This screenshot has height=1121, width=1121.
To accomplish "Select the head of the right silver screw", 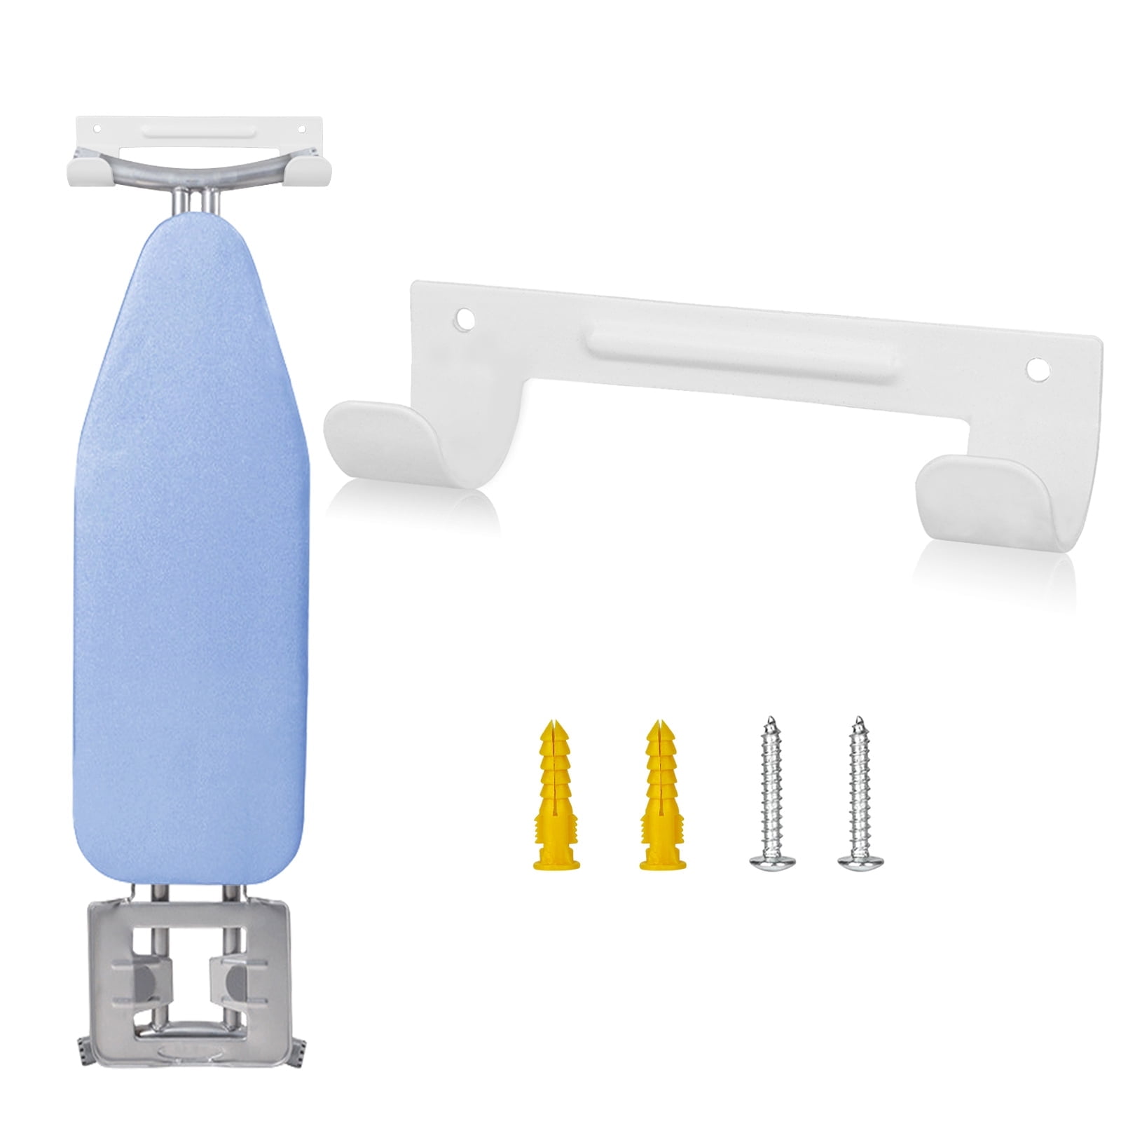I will click(x=860, y=862).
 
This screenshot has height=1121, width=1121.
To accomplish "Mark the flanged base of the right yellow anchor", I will click(x=661, y=862).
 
